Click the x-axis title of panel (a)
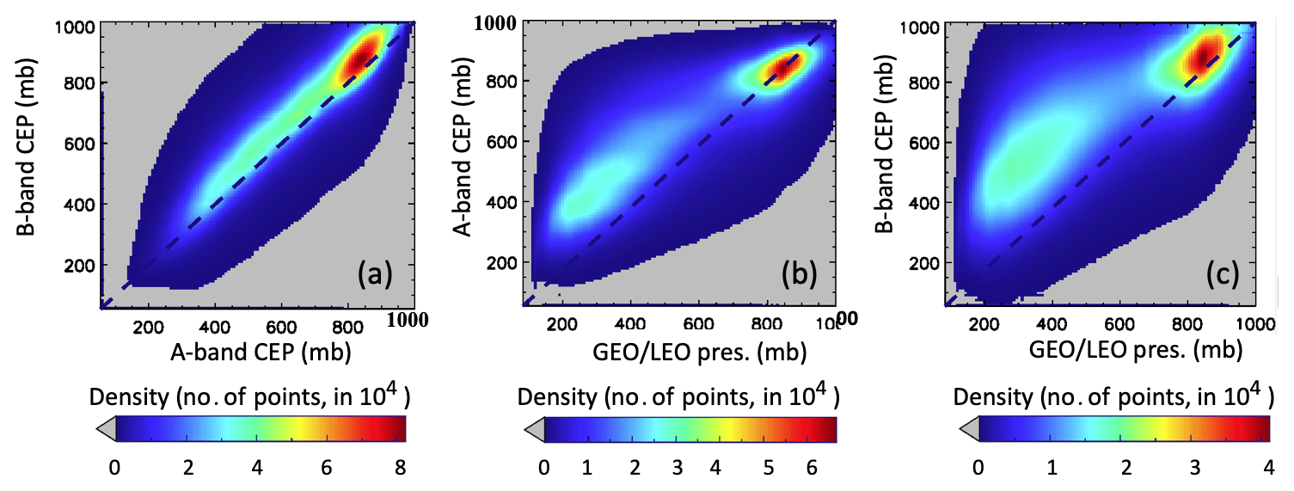coord(259,353)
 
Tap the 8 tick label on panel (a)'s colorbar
coord(402,469)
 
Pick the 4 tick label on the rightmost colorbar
coord(1262,469)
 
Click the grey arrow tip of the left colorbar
coord(104,428)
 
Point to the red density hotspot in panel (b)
coord(778,70)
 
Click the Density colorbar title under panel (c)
coord(1110,396)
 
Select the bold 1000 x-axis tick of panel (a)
coord(409,320)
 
